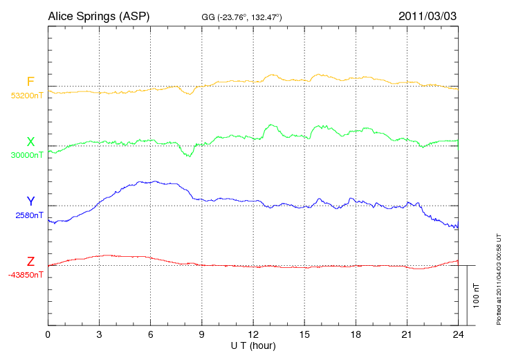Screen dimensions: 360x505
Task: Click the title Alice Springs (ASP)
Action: point(98,16)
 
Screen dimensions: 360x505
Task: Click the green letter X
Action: point(30,142)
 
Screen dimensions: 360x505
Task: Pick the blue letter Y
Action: point(30,201)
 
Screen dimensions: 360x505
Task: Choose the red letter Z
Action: point(30,262)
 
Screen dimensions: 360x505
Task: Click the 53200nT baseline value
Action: point(26,96)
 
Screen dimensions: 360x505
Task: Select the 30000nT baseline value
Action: point(26,155)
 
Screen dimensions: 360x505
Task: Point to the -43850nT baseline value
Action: point(26,275)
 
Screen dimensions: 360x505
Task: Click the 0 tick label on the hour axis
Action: point(48,335)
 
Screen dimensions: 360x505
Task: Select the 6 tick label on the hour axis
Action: point(150,335)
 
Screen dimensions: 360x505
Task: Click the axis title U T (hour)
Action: point(253,345)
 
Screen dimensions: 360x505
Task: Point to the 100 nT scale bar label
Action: point(477,295)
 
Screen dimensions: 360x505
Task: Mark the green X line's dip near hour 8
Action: point(188,156)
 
